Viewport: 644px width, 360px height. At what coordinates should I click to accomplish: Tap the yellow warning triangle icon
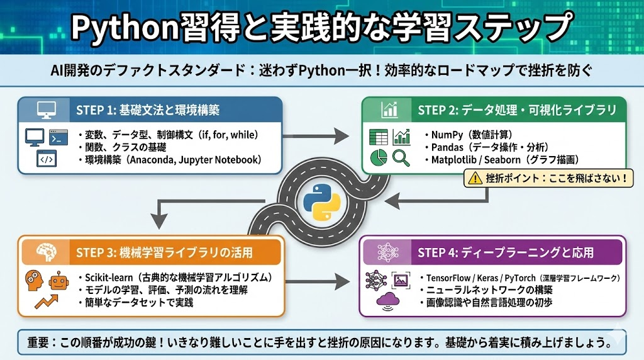[473, 179]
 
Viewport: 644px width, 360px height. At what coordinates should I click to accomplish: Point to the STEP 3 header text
[164, 253]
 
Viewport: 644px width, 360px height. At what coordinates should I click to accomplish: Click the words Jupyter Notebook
[218, 160]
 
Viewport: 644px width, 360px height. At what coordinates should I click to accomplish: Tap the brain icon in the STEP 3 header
[48, 252]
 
